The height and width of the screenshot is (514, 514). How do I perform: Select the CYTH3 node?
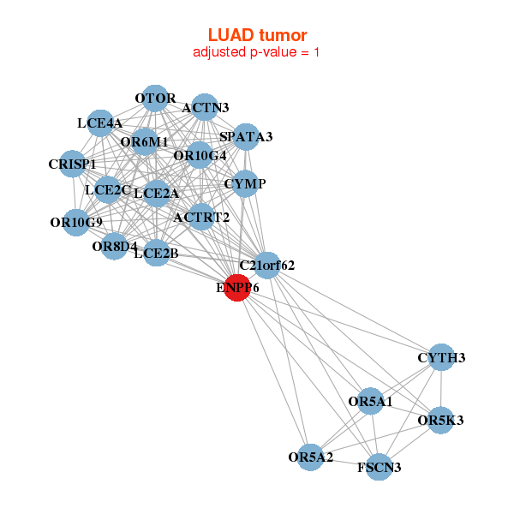click(440, 357)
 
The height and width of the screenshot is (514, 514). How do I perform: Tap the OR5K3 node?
click(440, 421)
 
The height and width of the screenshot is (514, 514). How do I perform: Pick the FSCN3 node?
click(379, 467)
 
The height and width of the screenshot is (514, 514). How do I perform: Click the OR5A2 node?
click(311, 457)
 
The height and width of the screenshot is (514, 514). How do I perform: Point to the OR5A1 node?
click(369, 401)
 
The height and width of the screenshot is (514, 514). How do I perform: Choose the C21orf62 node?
click(266, 265)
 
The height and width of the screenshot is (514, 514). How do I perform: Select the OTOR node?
click(155, 99)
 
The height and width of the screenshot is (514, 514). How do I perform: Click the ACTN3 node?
click(204, 108)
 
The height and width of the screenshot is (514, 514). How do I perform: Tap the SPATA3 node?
click(245, 137)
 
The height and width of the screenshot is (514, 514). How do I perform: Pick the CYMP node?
click(245, 183)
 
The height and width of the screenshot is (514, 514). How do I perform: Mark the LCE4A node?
click(100, 123)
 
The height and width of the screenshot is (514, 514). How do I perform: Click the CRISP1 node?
click(73, 164)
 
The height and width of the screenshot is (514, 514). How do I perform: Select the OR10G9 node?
click(76, 223)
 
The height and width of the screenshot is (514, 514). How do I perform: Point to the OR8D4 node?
click(115, 247)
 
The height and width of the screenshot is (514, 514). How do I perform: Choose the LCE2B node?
click(156, 253)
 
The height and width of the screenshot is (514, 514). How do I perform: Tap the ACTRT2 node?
click(201, 217)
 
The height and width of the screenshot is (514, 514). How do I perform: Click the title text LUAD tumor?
click(257, 35)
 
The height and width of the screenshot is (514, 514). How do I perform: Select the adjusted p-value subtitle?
click(257, 52)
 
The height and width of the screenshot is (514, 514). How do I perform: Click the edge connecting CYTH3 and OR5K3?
click(440, 389)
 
